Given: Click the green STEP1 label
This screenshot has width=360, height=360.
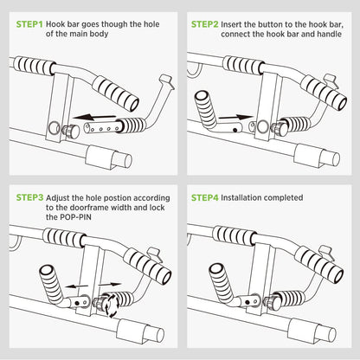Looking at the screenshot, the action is [29, 24].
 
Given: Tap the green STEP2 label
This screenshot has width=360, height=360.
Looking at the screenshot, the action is [205, 24].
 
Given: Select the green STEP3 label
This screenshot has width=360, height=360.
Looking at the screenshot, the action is [29, 197].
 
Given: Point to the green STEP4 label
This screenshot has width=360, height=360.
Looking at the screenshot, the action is [205, 197].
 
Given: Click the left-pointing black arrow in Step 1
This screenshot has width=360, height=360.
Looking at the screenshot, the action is [94, 117].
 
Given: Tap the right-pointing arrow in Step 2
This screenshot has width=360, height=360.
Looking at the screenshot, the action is [235, 117].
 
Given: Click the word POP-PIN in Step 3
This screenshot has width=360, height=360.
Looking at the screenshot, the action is [76, 217].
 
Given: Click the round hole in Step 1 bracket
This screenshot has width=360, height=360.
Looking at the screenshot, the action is [54, 128].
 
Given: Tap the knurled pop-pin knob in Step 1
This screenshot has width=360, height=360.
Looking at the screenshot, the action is [71, 132].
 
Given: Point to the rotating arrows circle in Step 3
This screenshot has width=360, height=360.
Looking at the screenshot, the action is [111, 305].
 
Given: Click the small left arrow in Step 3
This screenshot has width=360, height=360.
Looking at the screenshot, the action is [76, 286].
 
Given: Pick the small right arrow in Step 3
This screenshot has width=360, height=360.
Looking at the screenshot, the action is [110, 285].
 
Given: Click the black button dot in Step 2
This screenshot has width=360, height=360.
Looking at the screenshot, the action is [235, 130].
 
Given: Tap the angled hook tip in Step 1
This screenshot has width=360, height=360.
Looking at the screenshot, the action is [167, 81].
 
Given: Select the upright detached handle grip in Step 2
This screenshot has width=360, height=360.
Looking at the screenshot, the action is [206, 109].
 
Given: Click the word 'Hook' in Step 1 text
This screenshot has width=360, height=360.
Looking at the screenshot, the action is [55, 24].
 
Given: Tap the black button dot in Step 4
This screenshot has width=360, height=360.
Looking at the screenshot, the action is [247, 302].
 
